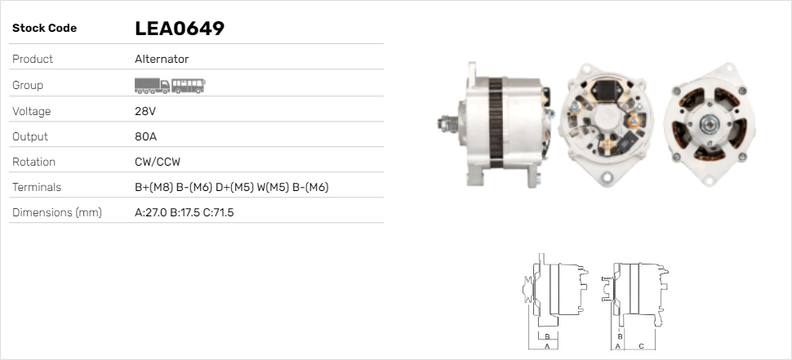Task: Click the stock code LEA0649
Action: pyautogui.click(x=180, y=29)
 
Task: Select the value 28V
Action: pyautogui.click(x=145, y=111)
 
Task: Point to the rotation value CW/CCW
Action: pyautogui.click(x=158, y=162)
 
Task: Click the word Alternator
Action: pyautogui.click(x=162, y=59)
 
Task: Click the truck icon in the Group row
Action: pyautogui.click(x=152, y=86)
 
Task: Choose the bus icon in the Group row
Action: pyautogui.click(x=189, y=86)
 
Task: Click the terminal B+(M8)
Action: pyautogui.click(x=154, y=187)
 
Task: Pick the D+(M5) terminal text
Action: pyautogui.click(x=234, y=187)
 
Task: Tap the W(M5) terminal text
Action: pyautogui.click(x=273, y=187)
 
